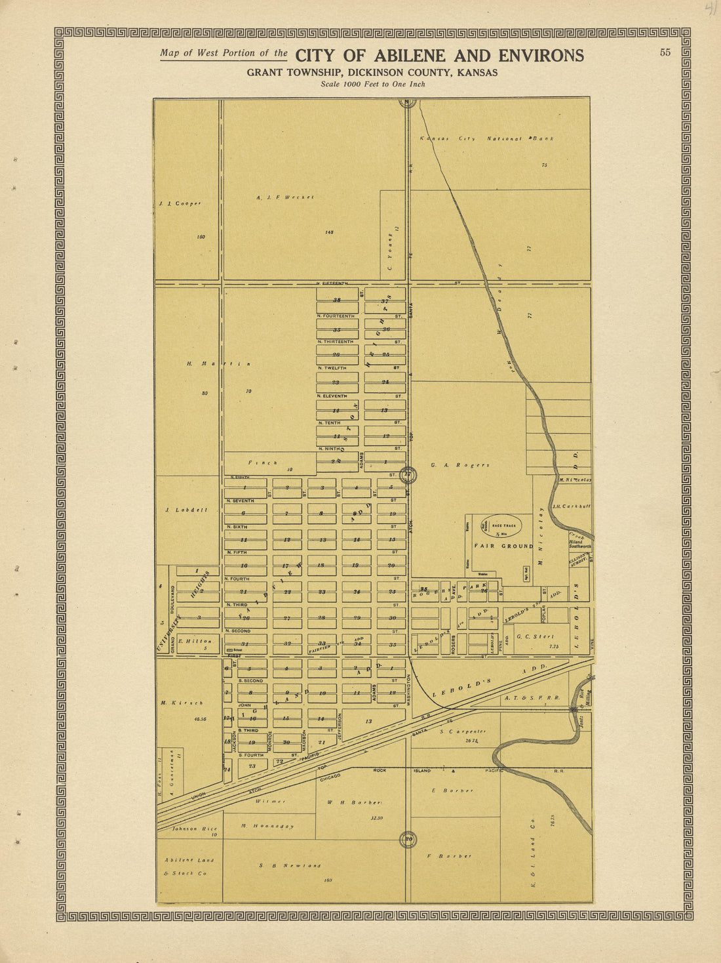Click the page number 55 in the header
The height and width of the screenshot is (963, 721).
pyautogui.click(x=665, y=53)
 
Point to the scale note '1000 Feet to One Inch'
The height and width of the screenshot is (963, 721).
pyautogui.click(x=373, y=84)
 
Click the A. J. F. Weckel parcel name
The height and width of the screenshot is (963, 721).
pyautogui.click(x=285, y=197)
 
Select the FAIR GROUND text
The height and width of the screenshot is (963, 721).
pyautogui.click(x=503, y=546)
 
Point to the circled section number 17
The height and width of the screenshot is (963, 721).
pyautogui.click(x=408, y=474)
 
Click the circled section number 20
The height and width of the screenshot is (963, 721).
pyautogui.click(x=408, y=838)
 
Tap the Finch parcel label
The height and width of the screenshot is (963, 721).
pyautogui.click(x=263, y=462)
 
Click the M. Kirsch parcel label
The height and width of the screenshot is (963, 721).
pyautogui.click(x=182, y=703)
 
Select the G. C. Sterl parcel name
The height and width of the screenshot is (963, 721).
pyautogui.click(x=536, y=636)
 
